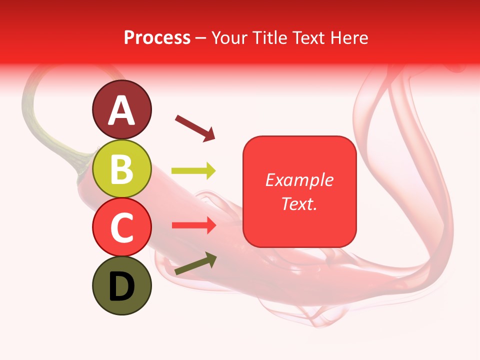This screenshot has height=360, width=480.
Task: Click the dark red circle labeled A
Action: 121,110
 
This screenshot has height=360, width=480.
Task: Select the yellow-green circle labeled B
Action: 121,169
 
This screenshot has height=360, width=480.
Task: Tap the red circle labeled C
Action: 121,227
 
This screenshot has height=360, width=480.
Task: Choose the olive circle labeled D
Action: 121,286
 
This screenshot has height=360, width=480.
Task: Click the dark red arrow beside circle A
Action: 195,128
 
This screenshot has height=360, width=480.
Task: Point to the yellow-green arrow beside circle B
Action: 193,171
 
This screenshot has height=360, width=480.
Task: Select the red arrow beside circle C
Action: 193,225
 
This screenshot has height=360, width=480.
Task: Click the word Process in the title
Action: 157,38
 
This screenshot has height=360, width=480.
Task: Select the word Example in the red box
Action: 299,180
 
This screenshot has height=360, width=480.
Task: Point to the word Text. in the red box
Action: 299,203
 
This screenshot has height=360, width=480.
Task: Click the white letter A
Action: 121,111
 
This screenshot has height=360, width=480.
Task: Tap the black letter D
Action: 121,286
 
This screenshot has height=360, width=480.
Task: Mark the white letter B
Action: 121,169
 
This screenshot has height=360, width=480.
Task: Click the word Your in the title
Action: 231,38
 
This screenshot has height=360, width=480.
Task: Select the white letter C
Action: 121,228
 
